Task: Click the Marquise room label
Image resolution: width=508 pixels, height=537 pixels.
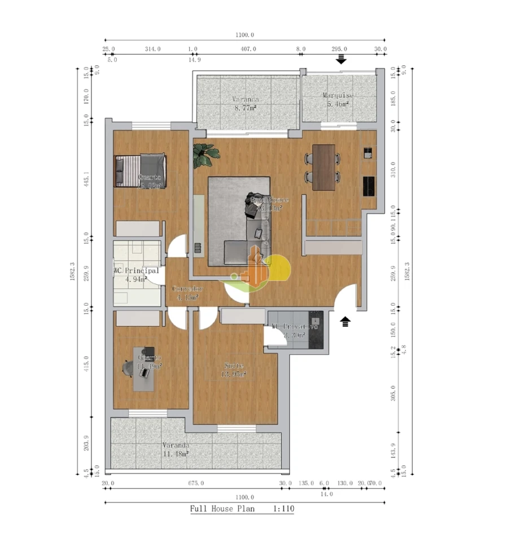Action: [x=338, y=96]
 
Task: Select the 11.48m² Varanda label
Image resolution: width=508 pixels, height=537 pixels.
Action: [x=175, y=453]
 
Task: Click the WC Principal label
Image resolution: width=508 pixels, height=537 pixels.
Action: [x=136, y=271]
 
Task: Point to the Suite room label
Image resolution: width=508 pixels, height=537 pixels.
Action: [x=234, y=366]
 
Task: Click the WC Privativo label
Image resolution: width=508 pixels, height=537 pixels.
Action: [x=294, y=327]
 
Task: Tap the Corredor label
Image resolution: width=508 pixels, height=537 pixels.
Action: [x=187, y=289]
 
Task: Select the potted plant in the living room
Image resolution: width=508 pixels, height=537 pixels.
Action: [x=204, y=155]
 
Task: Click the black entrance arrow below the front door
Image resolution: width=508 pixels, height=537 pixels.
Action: [x=345, y=322]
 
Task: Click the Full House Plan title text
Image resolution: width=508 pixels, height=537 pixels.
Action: [x=222, y=509]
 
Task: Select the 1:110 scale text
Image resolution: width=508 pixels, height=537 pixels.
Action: [x=283, y=509]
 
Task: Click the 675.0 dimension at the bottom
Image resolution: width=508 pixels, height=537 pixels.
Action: [x=195, y=483]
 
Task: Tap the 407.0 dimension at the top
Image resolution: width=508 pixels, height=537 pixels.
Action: [x=248, y=49]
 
